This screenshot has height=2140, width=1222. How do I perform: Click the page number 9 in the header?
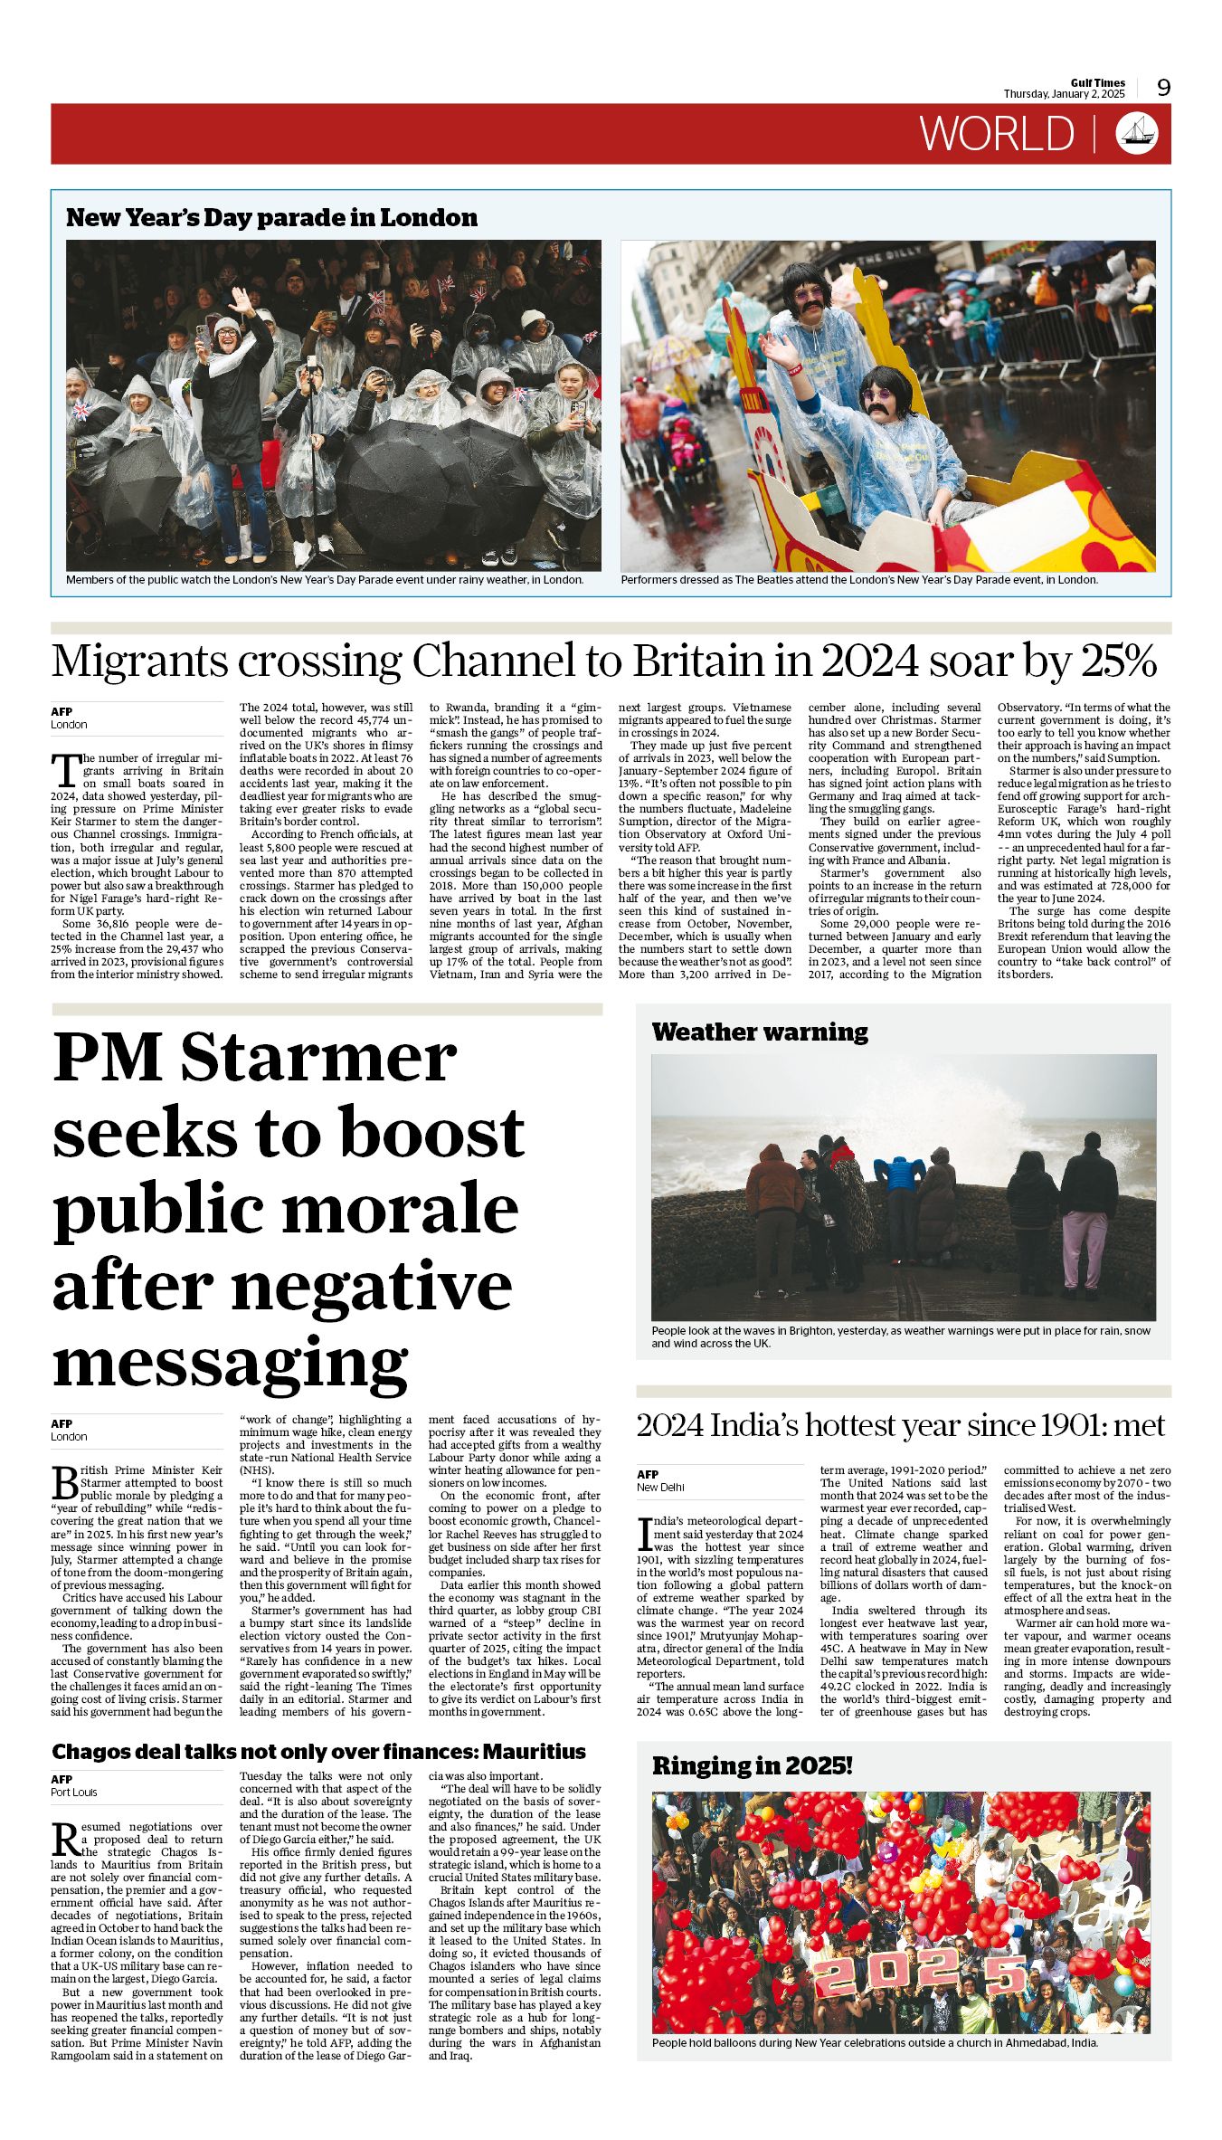click(1163, 87)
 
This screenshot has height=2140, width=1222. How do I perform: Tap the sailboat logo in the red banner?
click(1138, 133)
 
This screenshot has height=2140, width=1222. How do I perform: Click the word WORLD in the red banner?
click(997, 134)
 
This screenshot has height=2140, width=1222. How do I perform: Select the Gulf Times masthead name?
click(1097, 82)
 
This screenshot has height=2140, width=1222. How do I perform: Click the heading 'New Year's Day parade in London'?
click(271, 217)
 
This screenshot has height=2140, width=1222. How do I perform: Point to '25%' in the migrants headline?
click(1117, 661)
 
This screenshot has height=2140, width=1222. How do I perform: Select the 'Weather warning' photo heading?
click(759, 1032)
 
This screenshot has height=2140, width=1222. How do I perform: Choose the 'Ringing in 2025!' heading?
click(752, 1765)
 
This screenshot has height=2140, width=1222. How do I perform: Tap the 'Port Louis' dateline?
click(74, 1793)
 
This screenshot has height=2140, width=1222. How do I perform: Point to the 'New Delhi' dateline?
click(660, 1487)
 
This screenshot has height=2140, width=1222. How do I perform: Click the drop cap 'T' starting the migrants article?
click(65, 770)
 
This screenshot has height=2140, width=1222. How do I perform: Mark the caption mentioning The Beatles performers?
click(858, 579)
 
